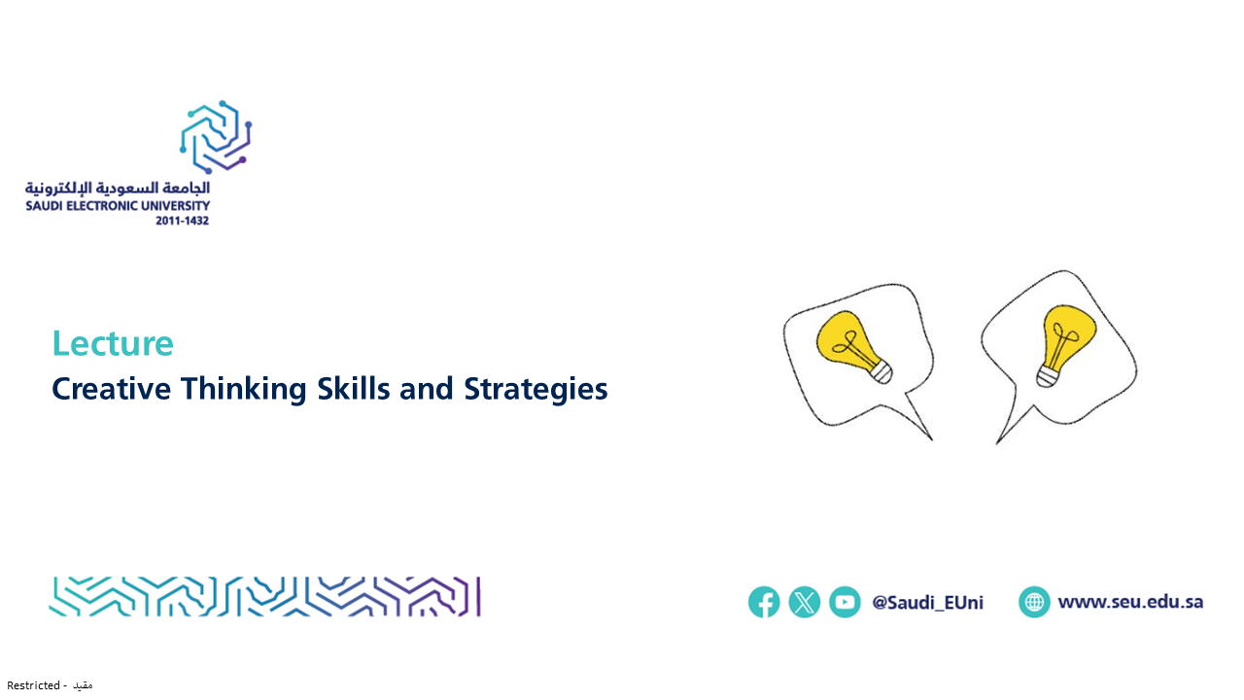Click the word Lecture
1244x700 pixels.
tap(113, 343)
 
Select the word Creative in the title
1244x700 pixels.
tap(111, 388)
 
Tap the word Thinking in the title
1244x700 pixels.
tap(243, 389)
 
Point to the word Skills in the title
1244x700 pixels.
tap(353, 388)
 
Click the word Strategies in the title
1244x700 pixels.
tap(536, 389)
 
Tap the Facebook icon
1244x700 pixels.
tap(764, 602)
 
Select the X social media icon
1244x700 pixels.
tap(805, 602)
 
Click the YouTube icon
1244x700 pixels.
tap(846, 602)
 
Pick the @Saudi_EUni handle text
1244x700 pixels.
tap(927, 602)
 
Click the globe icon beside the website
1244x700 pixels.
tap(1034, 602)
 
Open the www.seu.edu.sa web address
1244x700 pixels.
tap(1130, 602)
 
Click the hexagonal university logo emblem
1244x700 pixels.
tap(216, 137)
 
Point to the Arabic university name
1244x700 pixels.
tap(118, 188)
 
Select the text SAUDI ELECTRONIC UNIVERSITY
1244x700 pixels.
tap(118, 206)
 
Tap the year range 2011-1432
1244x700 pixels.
tap(182, 221)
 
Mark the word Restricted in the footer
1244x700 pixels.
tap(33, 685)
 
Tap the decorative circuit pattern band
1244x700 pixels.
tap(265, 597)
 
